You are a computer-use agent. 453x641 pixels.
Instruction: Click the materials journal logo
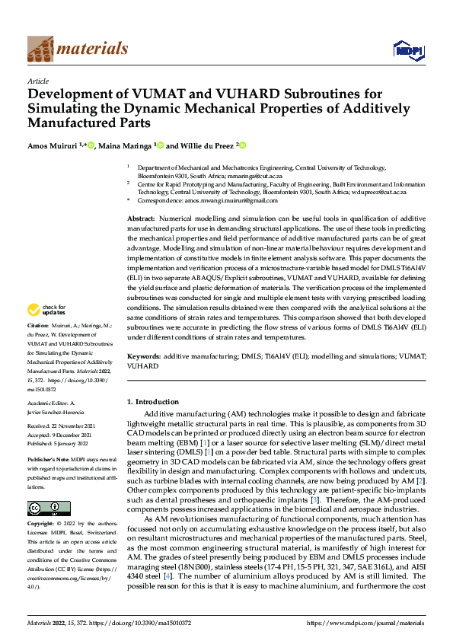tap(77, 49)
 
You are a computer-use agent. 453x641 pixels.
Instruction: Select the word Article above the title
tap(38, 80)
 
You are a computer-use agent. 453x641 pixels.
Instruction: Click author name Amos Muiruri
tap(54, 145)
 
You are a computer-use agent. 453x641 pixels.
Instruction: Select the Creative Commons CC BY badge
tap(49, 508)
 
